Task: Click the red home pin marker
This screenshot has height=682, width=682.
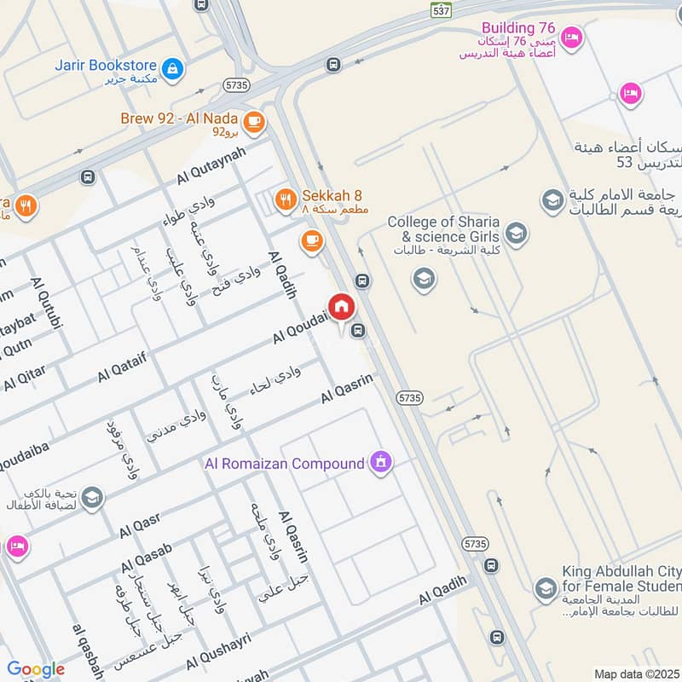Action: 341,307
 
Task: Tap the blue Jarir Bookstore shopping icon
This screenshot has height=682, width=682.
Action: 173,68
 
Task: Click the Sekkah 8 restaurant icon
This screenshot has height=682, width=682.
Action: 286,200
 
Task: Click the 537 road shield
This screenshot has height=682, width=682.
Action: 439,10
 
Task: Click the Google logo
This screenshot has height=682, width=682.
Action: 36,669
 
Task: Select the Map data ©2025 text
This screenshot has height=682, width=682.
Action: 635,673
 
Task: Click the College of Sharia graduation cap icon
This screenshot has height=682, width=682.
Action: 515,232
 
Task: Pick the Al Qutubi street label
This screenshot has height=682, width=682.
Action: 47,302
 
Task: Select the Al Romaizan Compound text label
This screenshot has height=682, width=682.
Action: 284,465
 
